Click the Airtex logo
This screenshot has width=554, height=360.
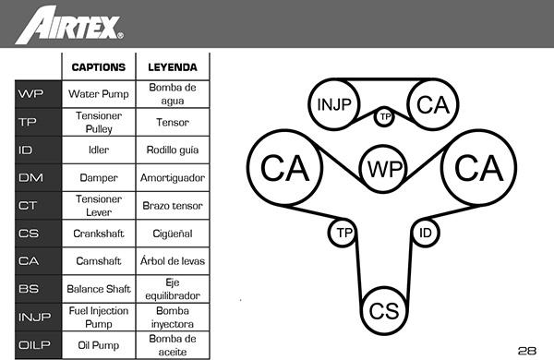click(69, 25)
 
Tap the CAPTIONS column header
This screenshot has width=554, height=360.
click(99, 67)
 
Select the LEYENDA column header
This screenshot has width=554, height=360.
click(173, 67)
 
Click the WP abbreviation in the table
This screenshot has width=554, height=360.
click(31, 94)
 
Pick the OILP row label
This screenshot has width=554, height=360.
click(34, 345)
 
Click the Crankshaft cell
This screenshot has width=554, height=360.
click(99, 234)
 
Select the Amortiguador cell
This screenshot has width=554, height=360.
click(173, 178)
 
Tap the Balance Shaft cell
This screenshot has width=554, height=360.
click(99, 289)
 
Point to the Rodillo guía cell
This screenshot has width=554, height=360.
click(173, 150)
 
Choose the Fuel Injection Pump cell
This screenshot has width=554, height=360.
click(99, 318)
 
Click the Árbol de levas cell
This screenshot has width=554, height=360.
click(173, 261)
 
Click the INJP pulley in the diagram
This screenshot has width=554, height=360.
click(334, 104)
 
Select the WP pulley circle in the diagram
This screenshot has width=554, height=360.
click(384, 169)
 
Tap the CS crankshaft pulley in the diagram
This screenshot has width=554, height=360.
click(384, 311)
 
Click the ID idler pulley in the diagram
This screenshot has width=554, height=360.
click(426, 233)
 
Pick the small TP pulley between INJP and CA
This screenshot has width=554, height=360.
click(384, 116)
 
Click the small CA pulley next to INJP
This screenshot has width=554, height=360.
click(433, 104)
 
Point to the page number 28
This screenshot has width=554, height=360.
click(527, 351)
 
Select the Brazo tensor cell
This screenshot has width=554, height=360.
click(173, 206)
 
